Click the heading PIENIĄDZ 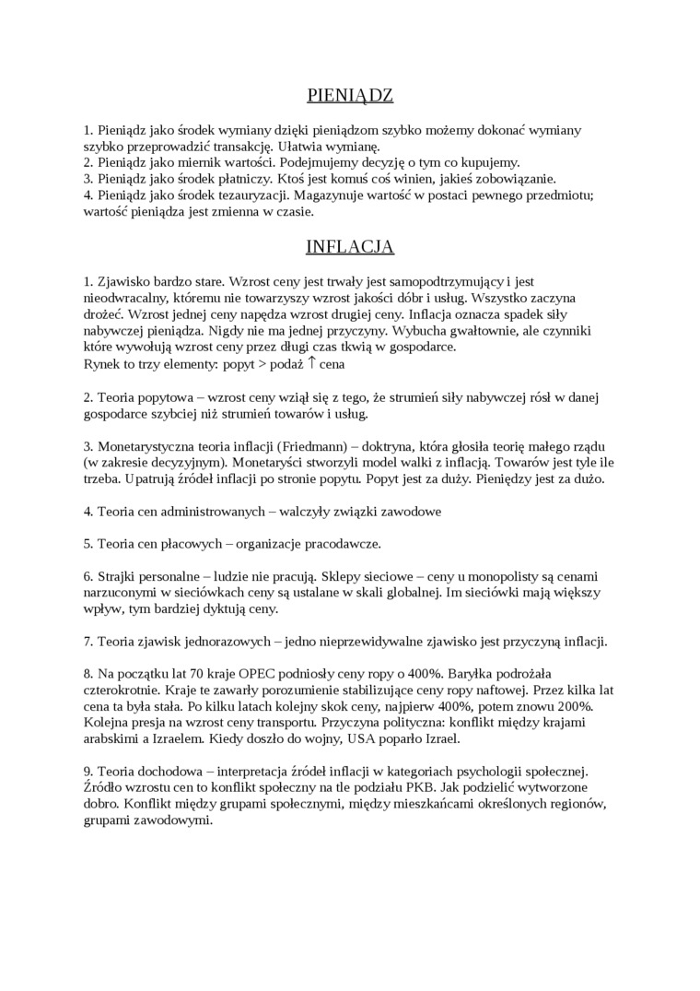pyautogui.click(x=349, y=94)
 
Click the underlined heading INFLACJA pyautogui.click(x=350, y=247)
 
